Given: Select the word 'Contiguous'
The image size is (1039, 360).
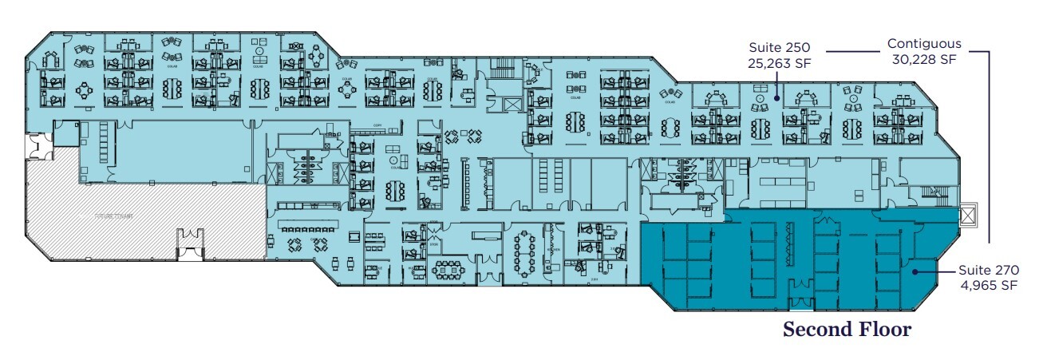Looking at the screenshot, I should click(x=924, y=44).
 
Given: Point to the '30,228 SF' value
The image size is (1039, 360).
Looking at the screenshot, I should click(x=924, y=58).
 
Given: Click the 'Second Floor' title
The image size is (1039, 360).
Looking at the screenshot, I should click(x=847, y=329).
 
